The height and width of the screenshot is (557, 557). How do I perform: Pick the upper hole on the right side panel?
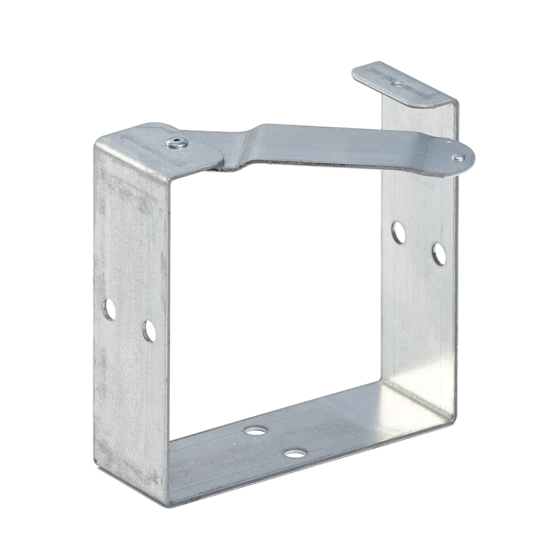coord(398,232)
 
